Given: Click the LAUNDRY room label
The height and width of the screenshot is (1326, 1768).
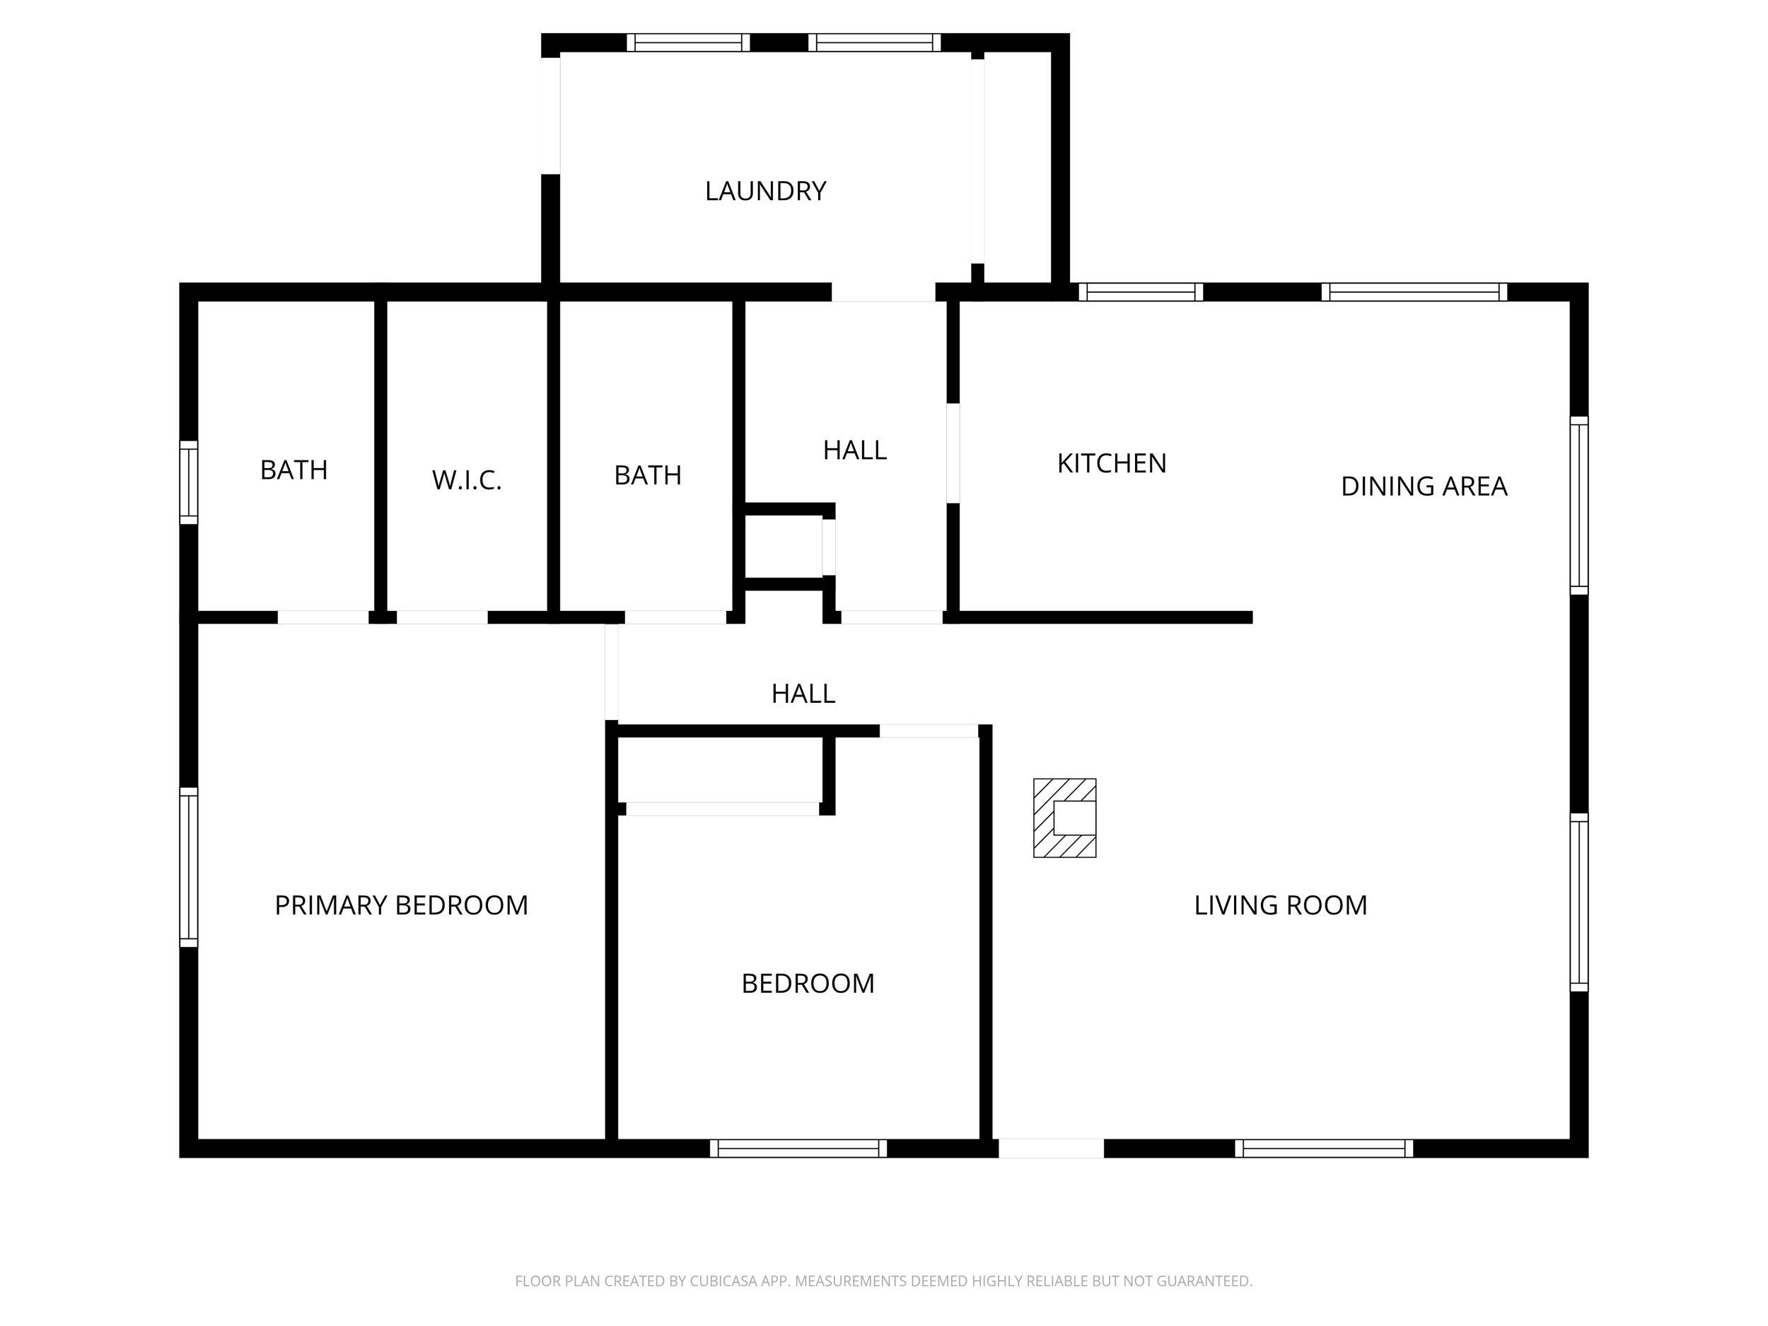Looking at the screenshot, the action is pyautogui.click(x=765, y=191).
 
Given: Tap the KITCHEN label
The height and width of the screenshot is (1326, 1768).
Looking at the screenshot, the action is pyautogui.click(x=1111, y=464).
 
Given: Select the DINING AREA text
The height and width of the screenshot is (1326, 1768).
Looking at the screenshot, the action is pyautogui.click(x=1424, y=486).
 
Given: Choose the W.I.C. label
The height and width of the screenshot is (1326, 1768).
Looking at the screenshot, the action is pyautogui.click(x=467, y=480).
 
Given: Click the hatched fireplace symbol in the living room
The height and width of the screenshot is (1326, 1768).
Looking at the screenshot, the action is pyautogui.click(x=1064, y=818).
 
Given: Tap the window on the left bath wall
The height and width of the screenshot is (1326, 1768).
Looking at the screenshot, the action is pyautogui.click(x=189, y=482).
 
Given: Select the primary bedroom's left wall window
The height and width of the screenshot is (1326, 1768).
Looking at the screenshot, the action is pyautogui.click(x=189, y=867).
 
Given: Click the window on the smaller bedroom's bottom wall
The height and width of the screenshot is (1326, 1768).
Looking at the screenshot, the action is pyautogui.click(x=798, y=1148).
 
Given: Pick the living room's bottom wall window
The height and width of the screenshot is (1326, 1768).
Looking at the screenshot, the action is pyautogui.click(x=1324, y=1148).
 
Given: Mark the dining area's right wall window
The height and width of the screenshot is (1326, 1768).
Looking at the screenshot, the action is pyautogui.click(x=1578, y=505).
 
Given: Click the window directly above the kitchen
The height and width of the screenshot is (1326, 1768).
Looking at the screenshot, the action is pyautogui.click(x=1141, y=292).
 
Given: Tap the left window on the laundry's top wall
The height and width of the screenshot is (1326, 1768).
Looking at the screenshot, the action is pyautogui.click(x=688, y=42).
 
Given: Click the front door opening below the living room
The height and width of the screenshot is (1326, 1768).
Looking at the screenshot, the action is pyautogui.click(x=1051, y=1148).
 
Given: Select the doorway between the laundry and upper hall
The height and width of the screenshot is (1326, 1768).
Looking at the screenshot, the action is pyautogui.click(x=883, y=293).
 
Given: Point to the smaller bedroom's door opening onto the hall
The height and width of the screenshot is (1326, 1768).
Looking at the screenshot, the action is pyautogui.click(x=929, y=731).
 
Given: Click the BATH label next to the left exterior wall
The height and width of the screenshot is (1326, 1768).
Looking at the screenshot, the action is pyautogui.click(x=294, y=470).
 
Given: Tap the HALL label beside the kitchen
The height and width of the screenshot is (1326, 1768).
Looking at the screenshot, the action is pyautogui.click(x=854, y=450).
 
